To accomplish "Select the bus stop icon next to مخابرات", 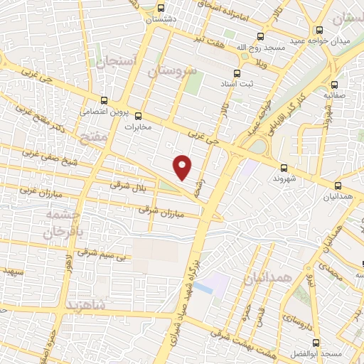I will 139,116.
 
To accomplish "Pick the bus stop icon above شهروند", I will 284,168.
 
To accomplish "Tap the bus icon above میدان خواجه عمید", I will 320,30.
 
